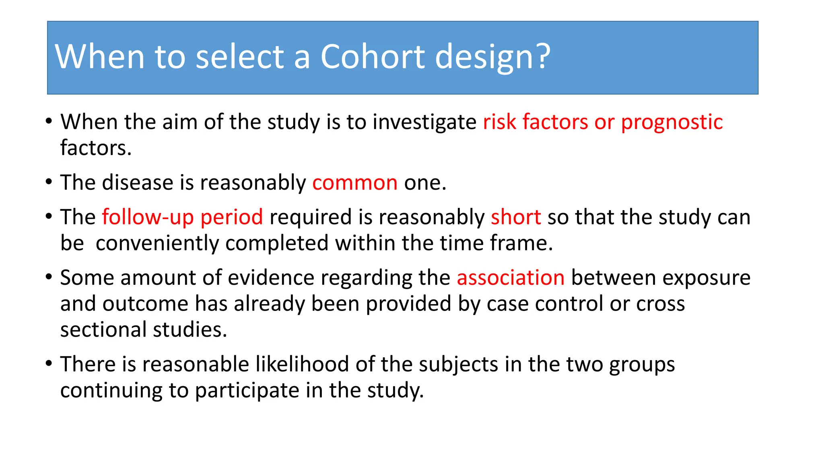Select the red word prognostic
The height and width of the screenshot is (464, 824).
coord(672,122)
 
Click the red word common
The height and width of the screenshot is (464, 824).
coord(355,183)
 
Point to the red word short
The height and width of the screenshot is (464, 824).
coord(516,217)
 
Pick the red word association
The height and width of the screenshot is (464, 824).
coord(511,278)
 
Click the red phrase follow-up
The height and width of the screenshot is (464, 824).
coord(148,217)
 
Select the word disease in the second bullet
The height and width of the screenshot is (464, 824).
coord(138,183)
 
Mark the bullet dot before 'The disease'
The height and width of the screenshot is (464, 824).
coord(49,182)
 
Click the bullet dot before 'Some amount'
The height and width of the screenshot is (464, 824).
coord(49,277)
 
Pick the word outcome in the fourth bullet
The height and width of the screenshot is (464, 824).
coord(145,304)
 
